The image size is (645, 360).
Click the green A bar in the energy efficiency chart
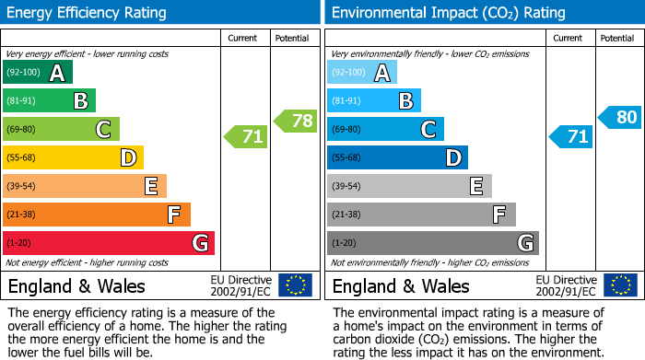pyautogui.click(x=37, y=73)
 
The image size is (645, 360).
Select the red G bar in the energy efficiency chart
pyautogui.click(x=108, y=243)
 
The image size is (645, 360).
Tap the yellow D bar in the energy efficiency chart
pyautogui.click(x=72, y=157)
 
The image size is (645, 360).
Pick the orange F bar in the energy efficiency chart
pyautogui.click(x=96, y=215)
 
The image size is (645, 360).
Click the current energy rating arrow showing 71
pyautogui.click(x=245, y=137)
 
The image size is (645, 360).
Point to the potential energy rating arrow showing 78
pyautogui.click(x=295, y=120)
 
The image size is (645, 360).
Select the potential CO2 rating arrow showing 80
pyautogui.click(x=619, y=117)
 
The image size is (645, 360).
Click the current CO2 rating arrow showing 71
pyautogui.click(x=570, y=137)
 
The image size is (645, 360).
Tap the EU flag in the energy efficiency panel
pyautogui.click(x=295, y=285)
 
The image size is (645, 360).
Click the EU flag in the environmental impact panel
pyautogui.click(x=619, y=285)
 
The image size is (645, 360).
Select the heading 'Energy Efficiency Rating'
pyautogui.click(x=87, y=13)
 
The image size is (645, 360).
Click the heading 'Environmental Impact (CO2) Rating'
pyautogui.click(x=448, y=13)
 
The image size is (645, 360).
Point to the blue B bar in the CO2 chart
pyautogui.click(x=373, y=100)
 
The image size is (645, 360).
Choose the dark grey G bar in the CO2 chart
pyautogui.click(x=432, y=243)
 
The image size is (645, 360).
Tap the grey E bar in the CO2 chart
pyautogui.click(x=408, y=186)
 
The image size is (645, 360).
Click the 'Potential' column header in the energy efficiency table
pyautogui.click(x=292, y=38)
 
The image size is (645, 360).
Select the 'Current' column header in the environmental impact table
pyautogui.click(x=569, y=38)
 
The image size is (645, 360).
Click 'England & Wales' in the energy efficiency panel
pyautogui.click(x=76, y=285)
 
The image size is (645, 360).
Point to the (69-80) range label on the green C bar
pyautogui.click(x=22, y=130)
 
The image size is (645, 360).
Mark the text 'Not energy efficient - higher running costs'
pyautogui.click(x=88, y=262)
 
